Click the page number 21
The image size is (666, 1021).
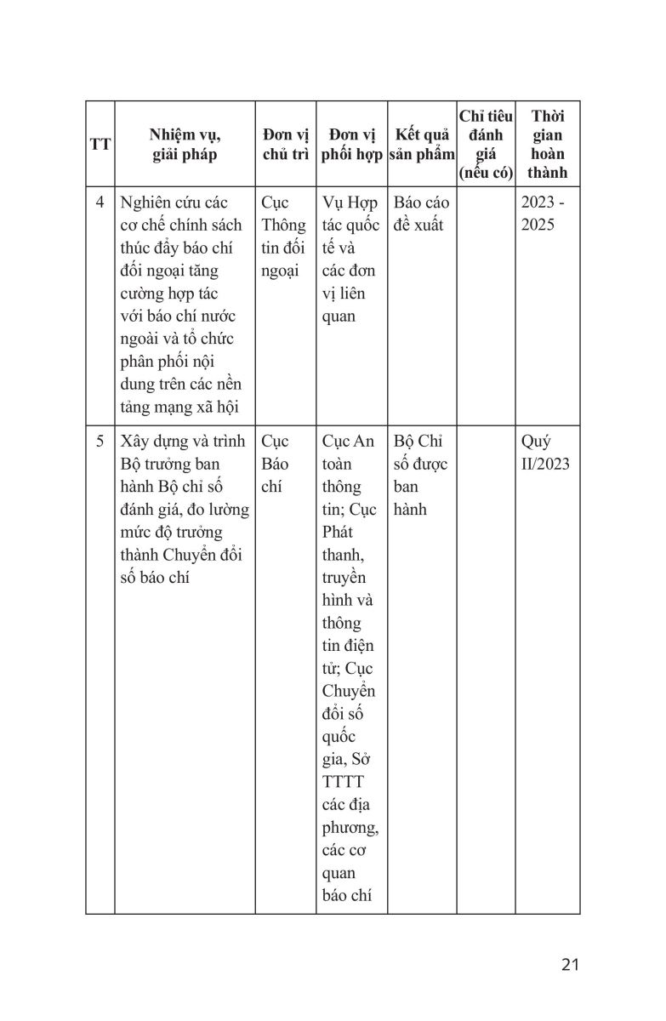click(570, 964)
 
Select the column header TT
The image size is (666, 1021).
click(100, 145)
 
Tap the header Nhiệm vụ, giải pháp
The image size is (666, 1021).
click(185, 145)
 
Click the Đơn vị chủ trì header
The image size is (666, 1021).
click(285, 145)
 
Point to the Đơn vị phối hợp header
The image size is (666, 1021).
click(351, 145)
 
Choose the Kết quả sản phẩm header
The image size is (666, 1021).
click(422, 145)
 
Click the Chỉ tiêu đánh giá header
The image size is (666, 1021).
click(485, 145)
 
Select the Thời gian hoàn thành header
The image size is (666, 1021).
click(547, 145)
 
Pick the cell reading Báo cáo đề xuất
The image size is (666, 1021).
click(422, 214)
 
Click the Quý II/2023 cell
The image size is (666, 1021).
click(545, 453)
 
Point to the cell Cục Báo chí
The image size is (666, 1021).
click(276, 465)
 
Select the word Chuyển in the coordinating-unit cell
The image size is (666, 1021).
click(349, 690)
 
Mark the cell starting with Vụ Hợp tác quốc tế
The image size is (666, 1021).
click(350, 260)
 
